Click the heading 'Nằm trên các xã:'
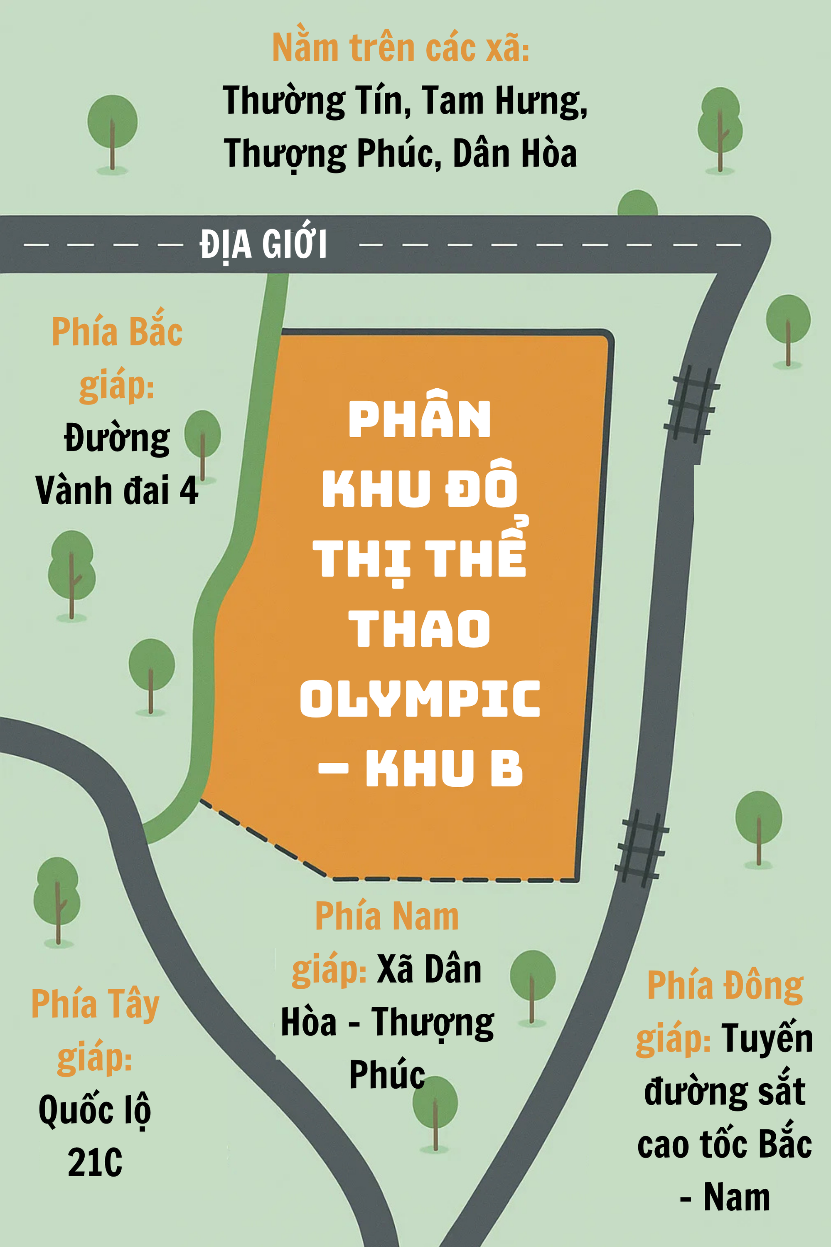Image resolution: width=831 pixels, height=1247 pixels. pos(401,48)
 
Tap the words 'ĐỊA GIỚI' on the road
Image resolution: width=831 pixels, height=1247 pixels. pos(263,244)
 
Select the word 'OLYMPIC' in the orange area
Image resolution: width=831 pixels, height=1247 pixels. pos(420,698)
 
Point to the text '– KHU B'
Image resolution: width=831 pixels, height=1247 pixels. pos(420,768)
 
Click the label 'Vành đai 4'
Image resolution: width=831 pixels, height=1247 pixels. pos(117,490)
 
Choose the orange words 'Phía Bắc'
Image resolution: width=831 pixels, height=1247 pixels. pos(117,332)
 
